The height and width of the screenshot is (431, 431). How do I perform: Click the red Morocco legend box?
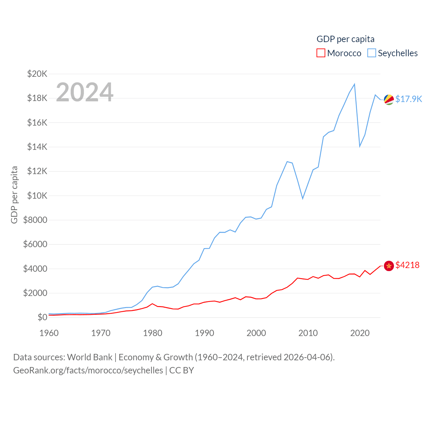point(321,53)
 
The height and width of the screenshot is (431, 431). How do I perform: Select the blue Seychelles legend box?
point(372,53)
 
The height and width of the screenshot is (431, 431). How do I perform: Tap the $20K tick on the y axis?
point(37,74)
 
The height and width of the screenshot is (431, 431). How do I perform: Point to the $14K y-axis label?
point(37,147)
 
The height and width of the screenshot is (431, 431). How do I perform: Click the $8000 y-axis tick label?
point(35,220)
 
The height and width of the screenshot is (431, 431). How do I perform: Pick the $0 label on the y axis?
point(42,317)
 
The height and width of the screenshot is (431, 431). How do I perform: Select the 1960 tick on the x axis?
point(49,333)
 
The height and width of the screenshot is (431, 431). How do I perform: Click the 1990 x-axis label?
point(204,333)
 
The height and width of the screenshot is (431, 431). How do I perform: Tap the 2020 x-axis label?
point(360,333)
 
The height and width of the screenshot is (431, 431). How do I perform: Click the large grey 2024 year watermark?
point(85,92)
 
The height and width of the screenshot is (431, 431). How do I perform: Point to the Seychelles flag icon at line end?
point(389,99)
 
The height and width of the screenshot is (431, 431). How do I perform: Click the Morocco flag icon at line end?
point(389,266)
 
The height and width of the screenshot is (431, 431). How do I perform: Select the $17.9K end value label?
point(408,99)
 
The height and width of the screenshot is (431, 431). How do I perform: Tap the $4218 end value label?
point(407,265)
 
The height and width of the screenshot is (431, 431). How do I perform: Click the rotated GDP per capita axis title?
point(14,195)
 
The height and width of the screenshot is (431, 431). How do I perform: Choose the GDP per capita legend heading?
point(345,39)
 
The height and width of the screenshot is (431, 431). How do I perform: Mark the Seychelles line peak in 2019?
point(355,84)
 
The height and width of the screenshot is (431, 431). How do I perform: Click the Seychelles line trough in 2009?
point(303,198)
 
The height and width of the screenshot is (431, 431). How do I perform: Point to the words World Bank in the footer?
point(90,357)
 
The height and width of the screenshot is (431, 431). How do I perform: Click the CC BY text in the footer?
point(181,370)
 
